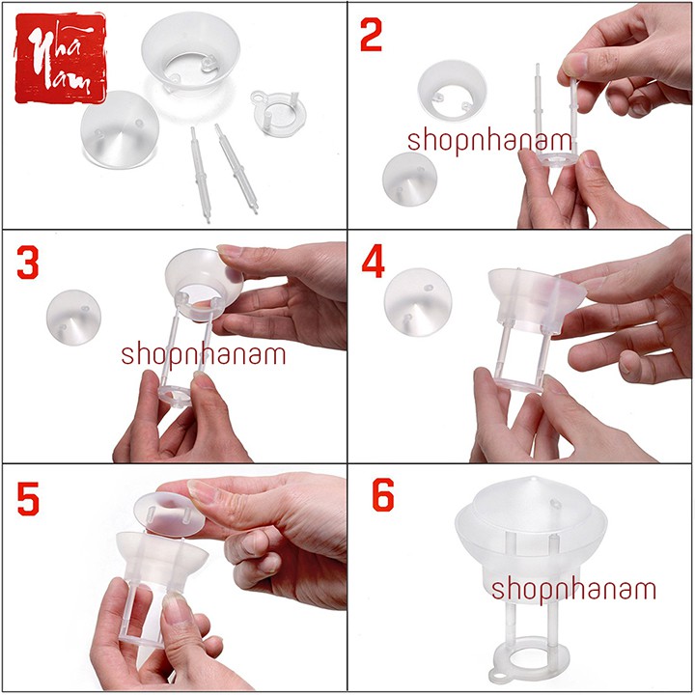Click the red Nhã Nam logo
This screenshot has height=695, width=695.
pos(61,58)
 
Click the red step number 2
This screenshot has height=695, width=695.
pos(371,36)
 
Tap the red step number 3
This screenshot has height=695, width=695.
pos(27,263)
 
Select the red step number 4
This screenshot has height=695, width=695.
pos(373,263)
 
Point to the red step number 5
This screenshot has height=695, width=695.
pos(28,499)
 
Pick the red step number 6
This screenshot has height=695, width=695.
pos(383,494)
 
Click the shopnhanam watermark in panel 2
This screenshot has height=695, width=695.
pos(489,141)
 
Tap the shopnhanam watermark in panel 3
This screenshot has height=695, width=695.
pos(204,355)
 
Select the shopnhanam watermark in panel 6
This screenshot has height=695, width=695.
pos(573,590)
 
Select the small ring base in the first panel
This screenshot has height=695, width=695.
pos(278,113)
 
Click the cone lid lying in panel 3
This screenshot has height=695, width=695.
pos(73,317)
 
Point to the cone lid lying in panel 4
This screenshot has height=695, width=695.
pos(418,302)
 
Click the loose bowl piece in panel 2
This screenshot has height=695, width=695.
pos(452,91)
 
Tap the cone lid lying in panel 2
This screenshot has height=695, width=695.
pos(409,180)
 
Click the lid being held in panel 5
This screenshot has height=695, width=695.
pos(169,514)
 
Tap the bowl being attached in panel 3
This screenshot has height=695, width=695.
pos(205,284)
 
